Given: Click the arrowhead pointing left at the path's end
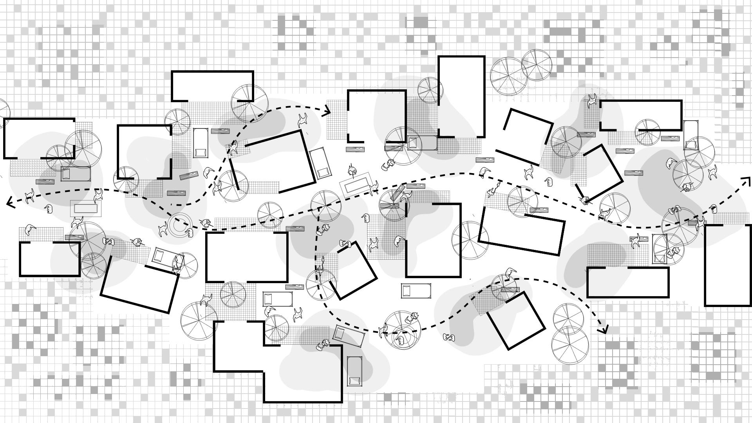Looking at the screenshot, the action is pyautogui.click(x=9, y=202).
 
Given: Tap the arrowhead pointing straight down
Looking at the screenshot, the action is pyautogui.click(x=604, y=330).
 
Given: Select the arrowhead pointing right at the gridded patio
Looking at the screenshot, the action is pyautogui.click(x=327, y=111).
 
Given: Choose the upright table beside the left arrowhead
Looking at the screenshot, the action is pyautogui.click(x=86, y=208).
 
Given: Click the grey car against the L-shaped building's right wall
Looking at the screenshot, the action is pyautogui.click(x=354, y=371).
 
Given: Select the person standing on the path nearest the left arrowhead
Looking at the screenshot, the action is pyautogui.click(x=29, y=196).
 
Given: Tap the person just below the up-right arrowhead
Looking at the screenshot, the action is pyautogui.click(x=714, y=209).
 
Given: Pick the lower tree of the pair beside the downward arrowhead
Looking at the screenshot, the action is pyautogui.click(x=570, y=344).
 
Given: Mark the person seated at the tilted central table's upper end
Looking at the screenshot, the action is pyautogui.click(x=352, y=171).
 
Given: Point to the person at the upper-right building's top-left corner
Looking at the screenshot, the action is pyautogui.click(x=591, y=101).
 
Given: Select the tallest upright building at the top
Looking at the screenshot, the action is pyautogui.click(x=461, y=97).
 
